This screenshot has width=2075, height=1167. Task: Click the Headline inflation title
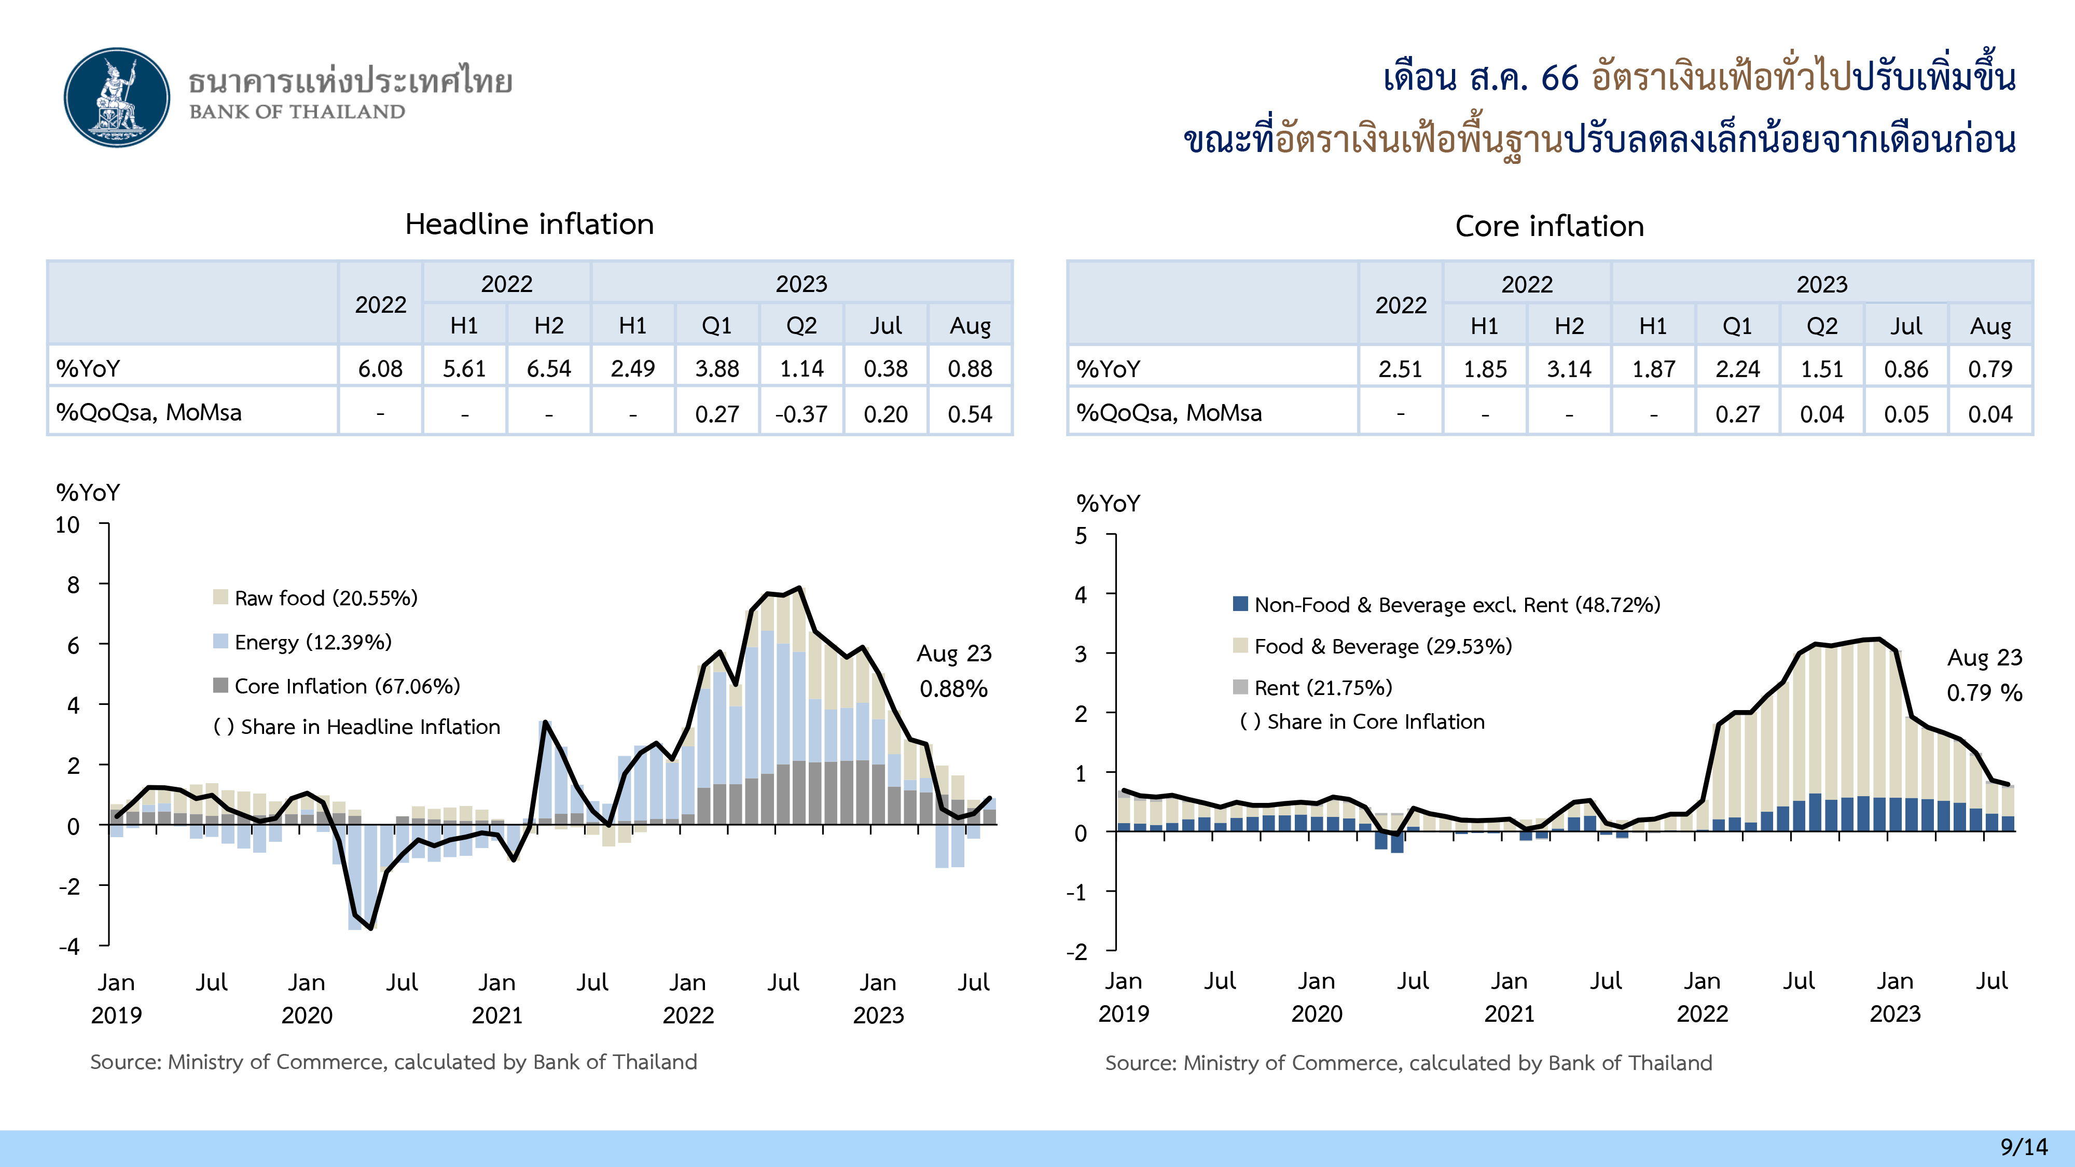click(x=529, y=224)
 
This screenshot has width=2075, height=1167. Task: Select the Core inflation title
click(x=1549, y=226)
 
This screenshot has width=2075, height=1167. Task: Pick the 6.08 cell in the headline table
click(x=380, y=369)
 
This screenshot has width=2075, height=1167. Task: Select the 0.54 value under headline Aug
click(x=970, y=414)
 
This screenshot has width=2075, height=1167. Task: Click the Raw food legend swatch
click(x=220, y=598)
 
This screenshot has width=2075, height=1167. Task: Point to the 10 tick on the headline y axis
click(x=67, y=525)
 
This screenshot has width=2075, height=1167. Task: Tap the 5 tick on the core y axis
click(x=1081, y=536)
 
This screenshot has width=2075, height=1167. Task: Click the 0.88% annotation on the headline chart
click(x=954, y=689)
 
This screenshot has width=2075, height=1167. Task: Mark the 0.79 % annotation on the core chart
click(x=1984, y=692)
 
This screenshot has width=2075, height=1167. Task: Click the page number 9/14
click(x=2024, y=1146)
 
